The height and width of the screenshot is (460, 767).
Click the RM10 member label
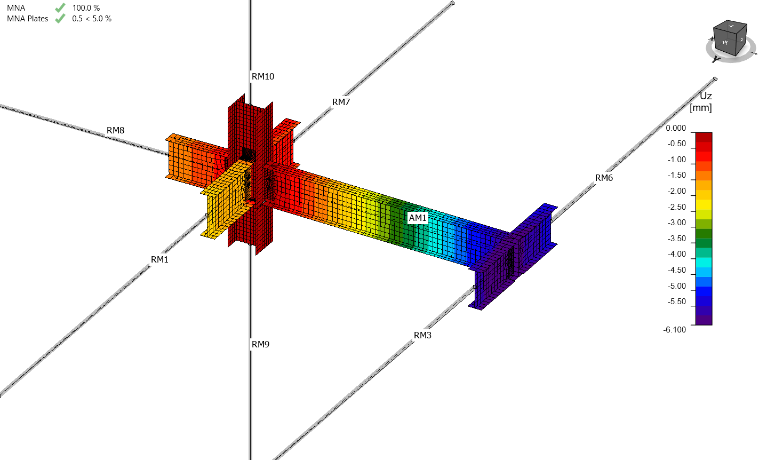[262, 76]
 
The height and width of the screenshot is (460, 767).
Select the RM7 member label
[341, 102]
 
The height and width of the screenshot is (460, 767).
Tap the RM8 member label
[115, 131]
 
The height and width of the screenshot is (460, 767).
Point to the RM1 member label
[159, 260]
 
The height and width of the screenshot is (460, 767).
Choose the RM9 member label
[261, 344]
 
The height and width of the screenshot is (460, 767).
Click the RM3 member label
[422, 335]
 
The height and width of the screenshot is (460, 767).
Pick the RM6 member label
[604, 178]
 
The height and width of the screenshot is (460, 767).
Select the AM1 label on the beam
[418, 218]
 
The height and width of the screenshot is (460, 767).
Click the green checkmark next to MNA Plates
[60, 19]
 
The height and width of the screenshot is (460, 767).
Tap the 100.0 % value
[86, 7]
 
